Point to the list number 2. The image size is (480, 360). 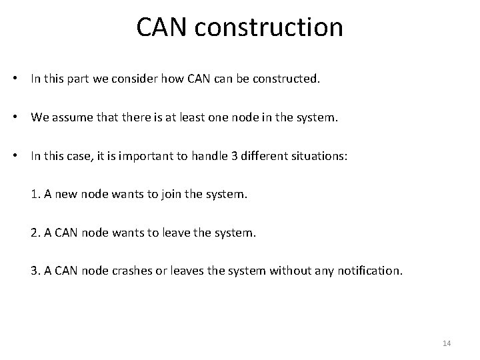coord(35,233)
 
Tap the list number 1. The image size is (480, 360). coord(35,195)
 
